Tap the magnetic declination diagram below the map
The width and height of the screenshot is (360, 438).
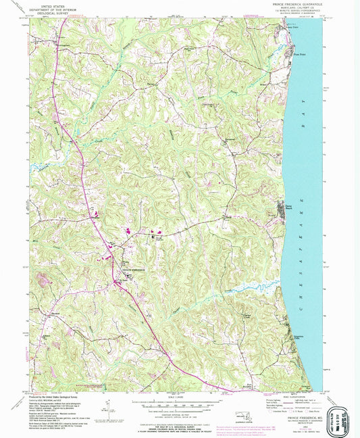(108, 408)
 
